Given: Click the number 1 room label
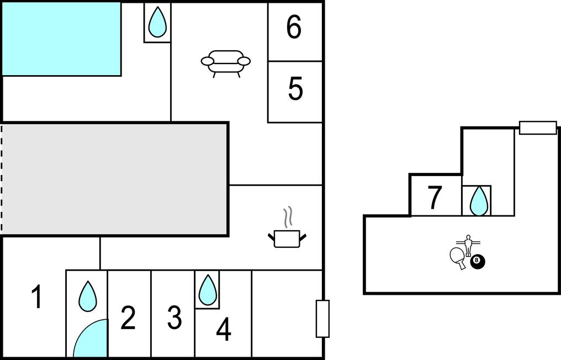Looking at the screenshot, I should (x=36, y=297).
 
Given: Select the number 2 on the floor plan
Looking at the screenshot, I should (x=128, y=318).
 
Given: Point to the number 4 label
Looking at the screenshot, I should (x=223, y=330).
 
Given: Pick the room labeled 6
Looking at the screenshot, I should (x=294, y=27).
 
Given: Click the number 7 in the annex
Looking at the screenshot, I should (x=435, y=198).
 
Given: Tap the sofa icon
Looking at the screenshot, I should (x=225, y=62).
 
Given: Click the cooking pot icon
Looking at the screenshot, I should (x=287, y=239).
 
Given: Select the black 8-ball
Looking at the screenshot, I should (x=478, y=262).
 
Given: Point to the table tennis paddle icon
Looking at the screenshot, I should (x=458, y=257).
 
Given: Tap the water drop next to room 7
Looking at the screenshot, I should (x=478, y=200).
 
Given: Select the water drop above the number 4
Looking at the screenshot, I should (x=207, y=289).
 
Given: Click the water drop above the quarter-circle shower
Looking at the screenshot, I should (x=87, y=296).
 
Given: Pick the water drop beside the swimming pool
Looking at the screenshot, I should (x=157, y=22).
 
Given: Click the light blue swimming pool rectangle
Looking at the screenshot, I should (x=61, y=39).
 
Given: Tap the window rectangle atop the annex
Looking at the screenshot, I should (x=538, y=128).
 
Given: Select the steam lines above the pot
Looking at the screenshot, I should (x=287, y=218).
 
